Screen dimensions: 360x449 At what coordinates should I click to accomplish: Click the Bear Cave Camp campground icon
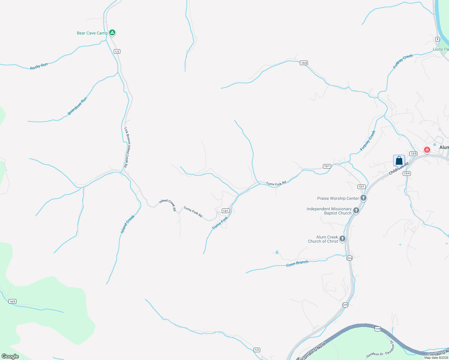[112, 32]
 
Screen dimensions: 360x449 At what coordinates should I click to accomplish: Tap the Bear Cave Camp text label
[92, 33]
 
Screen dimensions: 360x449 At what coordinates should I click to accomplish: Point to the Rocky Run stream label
[39, 66]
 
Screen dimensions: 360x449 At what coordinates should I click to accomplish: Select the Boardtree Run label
[77, 106]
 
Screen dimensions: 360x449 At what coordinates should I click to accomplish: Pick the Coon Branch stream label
[297, 263]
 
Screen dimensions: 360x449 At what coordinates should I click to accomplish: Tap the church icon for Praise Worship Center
[363, 198]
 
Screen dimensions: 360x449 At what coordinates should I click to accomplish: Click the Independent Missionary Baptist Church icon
[356, 211]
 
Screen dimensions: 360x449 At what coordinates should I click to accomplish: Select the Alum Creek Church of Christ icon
[342, 239]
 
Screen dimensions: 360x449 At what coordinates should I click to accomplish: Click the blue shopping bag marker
[399, 160]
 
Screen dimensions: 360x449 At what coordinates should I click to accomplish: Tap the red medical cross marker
[427, 150]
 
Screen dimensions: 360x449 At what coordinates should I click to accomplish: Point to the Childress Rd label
[399, 169]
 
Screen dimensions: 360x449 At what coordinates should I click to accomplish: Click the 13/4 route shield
[407, 173]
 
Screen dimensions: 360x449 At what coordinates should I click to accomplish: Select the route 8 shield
[437, 39]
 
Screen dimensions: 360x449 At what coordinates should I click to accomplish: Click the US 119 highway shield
[378, 329]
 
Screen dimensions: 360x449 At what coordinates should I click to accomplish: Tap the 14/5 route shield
[12, 301]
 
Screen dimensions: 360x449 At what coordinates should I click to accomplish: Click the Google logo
[10, 356]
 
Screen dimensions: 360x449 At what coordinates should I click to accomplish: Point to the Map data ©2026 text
[436, 358]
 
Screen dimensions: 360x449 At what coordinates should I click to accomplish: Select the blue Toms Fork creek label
[220, 223]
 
